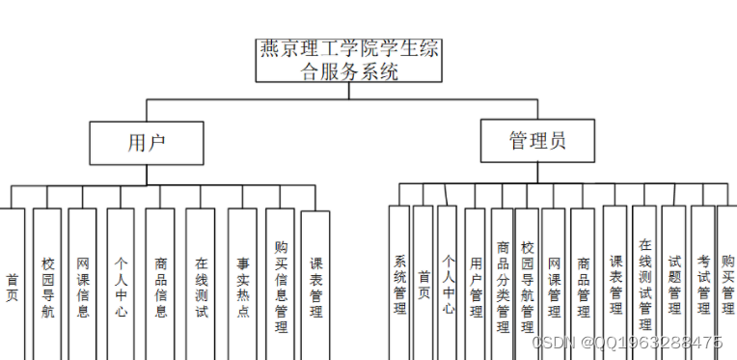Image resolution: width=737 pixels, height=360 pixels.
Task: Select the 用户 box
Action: pos(147,142)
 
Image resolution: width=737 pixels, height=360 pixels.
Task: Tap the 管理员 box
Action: pos(537,141)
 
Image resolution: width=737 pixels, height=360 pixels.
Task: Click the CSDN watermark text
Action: pos(640,343)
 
